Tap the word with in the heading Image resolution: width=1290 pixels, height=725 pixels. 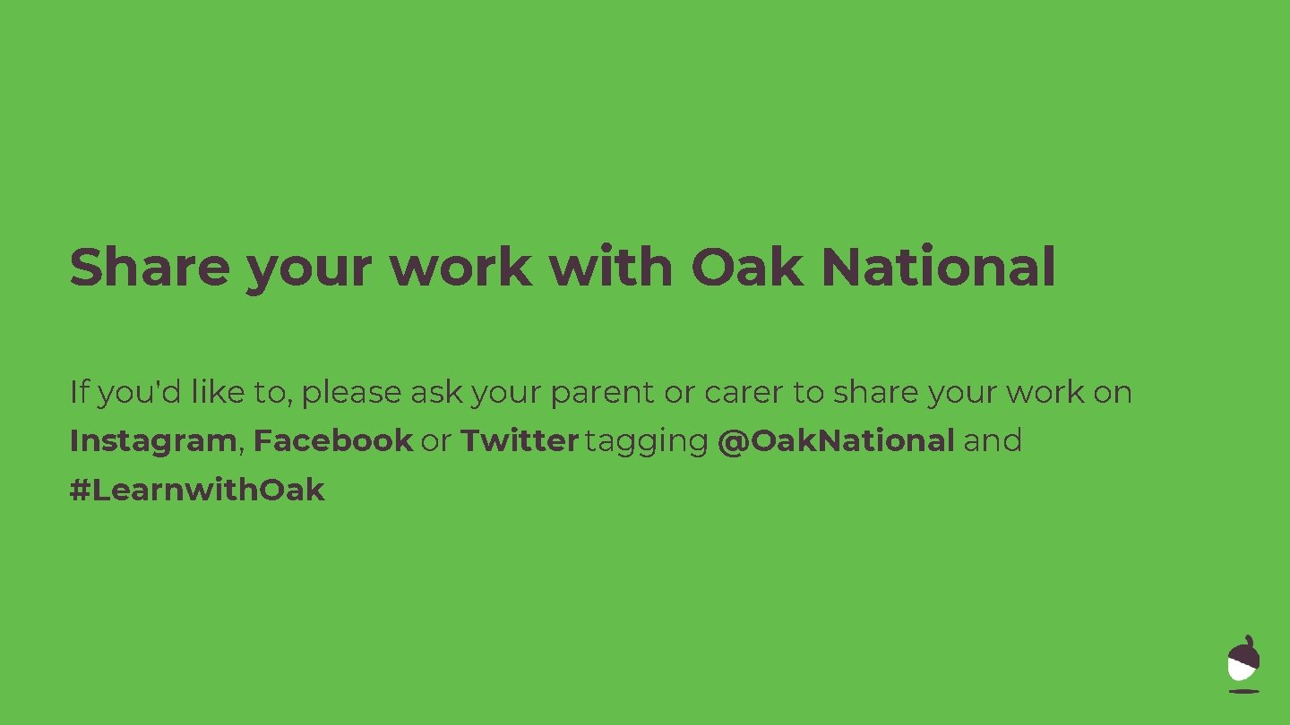[x=610, y=267]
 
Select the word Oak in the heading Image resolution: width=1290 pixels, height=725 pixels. [x=746, y=267]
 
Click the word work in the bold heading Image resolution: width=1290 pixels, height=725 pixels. [x=460, y=267]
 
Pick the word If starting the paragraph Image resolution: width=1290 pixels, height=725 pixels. [x=79, y=392]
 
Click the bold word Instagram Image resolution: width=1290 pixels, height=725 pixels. [x=152, y=441]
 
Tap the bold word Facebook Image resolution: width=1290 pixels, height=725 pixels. [x=332, y=440]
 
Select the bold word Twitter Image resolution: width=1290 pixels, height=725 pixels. [x=520, y=440]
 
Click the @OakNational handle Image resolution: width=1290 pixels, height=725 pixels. [x=836, y=440]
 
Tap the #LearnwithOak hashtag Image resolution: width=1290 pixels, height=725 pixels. [x=197, y=490]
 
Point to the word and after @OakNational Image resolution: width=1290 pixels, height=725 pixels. [x=993, y=440]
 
